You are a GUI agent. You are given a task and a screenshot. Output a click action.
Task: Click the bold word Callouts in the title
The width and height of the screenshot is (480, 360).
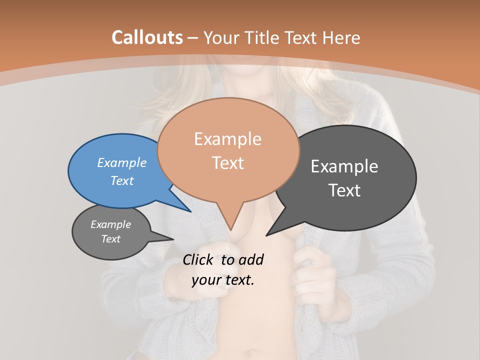(x=147, y=37)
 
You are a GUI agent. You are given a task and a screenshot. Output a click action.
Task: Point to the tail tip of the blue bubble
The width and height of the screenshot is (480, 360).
(x=190, y=211)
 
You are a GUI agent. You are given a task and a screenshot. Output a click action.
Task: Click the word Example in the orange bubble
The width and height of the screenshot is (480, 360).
(x=227, y=139)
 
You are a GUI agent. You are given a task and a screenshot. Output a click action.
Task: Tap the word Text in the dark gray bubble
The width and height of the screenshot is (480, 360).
(x=344, y=190)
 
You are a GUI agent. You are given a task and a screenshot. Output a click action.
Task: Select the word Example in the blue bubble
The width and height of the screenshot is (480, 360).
(x=121, y=163)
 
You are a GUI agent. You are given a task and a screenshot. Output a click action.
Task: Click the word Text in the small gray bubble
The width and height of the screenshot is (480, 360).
(x=110, y=239)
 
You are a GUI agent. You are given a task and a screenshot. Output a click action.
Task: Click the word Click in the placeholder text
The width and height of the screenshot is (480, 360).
(x=198, y=259)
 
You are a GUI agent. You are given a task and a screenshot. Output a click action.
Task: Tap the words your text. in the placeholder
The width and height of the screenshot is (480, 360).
(x=222, y=280)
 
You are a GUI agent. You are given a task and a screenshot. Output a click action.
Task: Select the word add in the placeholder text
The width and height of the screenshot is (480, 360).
(x=250, y=259)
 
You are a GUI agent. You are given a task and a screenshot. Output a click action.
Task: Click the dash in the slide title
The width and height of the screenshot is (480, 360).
(x=193, y=37)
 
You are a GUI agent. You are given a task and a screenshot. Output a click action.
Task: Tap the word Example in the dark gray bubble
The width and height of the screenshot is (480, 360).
(x=344, y=166)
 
